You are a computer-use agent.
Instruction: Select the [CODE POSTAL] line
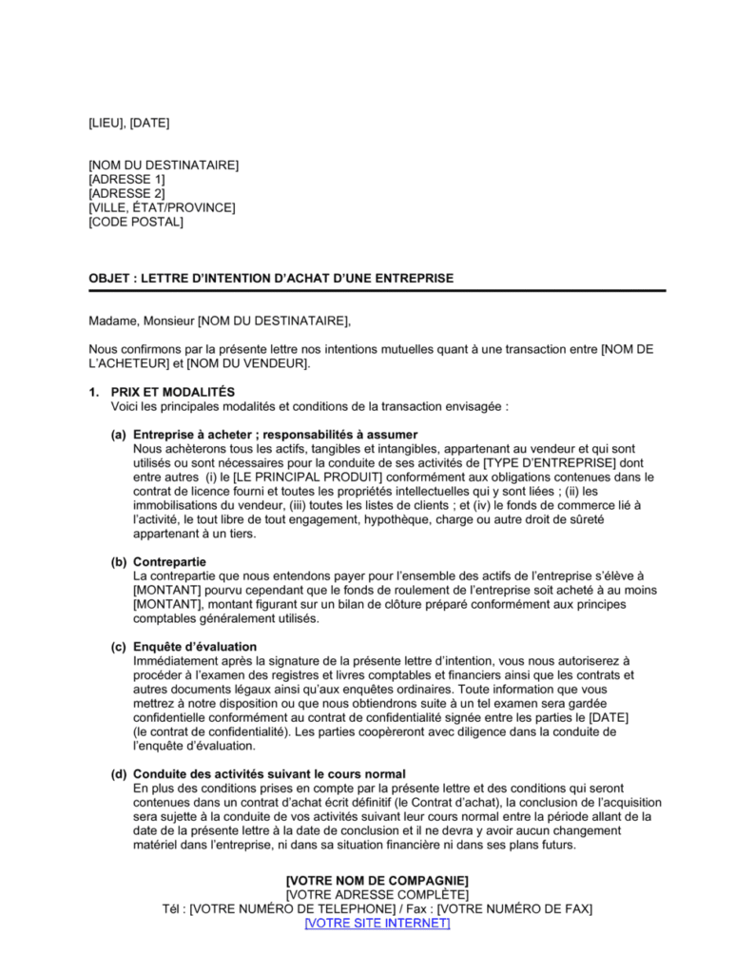point(136,222)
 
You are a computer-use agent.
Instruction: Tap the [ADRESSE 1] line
point(126,179)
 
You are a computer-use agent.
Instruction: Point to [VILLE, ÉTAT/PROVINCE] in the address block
point(162,207)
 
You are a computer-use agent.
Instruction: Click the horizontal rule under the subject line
point(377,290)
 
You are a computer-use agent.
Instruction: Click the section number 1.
point(93,392)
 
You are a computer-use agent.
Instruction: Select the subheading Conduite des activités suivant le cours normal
point(270,773)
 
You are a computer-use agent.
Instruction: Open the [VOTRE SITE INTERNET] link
point(377,923)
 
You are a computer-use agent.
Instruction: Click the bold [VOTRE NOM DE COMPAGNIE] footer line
point(377,880)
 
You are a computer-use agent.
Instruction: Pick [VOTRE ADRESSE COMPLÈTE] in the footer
point(377,894)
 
